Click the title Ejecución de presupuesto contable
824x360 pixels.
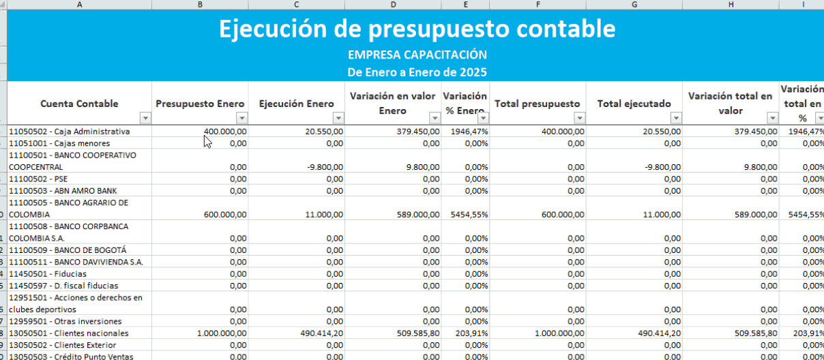(417, 29)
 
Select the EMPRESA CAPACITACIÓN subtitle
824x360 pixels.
(417, 55)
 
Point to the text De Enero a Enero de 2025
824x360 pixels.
(417, 72)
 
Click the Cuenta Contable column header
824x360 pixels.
(79, 104)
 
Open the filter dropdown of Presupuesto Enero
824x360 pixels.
(241, 118)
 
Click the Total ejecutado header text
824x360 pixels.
(634, 104)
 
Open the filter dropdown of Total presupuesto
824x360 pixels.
(579, 118)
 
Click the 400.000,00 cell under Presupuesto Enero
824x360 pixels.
(225, 132)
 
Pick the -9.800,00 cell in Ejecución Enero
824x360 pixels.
(324, 166)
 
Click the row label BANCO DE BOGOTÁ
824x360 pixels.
(68, 250)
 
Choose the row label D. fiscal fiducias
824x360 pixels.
(63, 286)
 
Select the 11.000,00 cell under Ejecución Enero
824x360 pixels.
(325, 214)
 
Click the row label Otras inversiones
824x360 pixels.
(65, 321)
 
